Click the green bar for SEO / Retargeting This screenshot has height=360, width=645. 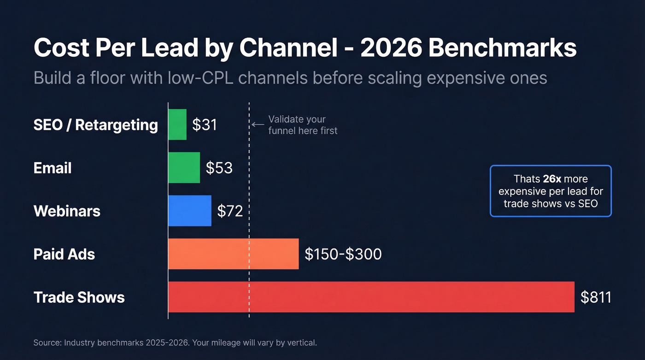click(x=177, y=124)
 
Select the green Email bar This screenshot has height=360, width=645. click(x=184, y=168)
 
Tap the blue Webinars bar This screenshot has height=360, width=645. click(x=190, y=211)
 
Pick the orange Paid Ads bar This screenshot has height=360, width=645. click(x=233, y=254)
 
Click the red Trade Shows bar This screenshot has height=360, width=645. click(x=371, y=297)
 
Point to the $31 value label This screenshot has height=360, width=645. click(x=205, y=125)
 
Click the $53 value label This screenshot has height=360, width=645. click(x=219, y=168)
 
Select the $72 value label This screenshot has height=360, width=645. click(x=230, y=211)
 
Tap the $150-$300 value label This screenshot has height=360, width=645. click(x=343, y=254)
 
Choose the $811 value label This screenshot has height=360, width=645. click(x=596, y=297)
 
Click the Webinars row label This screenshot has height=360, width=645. click(x=67, y=211)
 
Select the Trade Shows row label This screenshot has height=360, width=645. click(x=79, y=297)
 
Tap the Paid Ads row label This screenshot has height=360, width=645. click(x=64, y=254)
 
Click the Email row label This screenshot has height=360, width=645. click(x=53, y=168)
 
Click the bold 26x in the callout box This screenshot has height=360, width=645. click(x=552, y=179)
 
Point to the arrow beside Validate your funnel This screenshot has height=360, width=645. click(x=258, y=124)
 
